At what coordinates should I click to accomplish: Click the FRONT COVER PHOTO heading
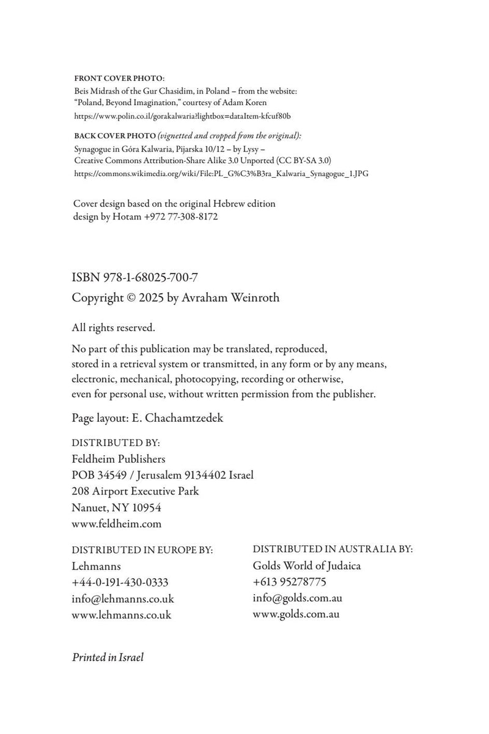click(119, 79)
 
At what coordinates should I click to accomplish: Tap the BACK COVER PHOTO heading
click(108, 135)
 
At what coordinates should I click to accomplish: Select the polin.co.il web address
click(182, 115)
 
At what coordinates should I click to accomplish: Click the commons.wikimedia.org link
click(221, 173)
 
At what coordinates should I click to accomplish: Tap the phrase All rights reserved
click(114, 328)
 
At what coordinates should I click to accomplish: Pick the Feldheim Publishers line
click(119, 458)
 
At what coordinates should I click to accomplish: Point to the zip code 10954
click(145, 507)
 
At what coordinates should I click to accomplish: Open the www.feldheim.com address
click(117, 524)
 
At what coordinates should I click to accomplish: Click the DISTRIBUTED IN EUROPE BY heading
click(142, 550)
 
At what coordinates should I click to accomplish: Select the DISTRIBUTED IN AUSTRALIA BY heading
click(333, 549)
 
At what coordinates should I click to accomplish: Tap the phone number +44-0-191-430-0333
click(120, 582)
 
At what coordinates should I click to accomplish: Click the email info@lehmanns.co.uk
click(123, 599)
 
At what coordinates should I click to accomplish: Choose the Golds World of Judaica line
click(307, 565)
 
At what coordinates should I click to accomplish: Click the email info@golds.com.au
click(296, 598)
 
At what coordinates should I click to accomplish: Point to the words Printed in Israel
click(108, 658)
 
